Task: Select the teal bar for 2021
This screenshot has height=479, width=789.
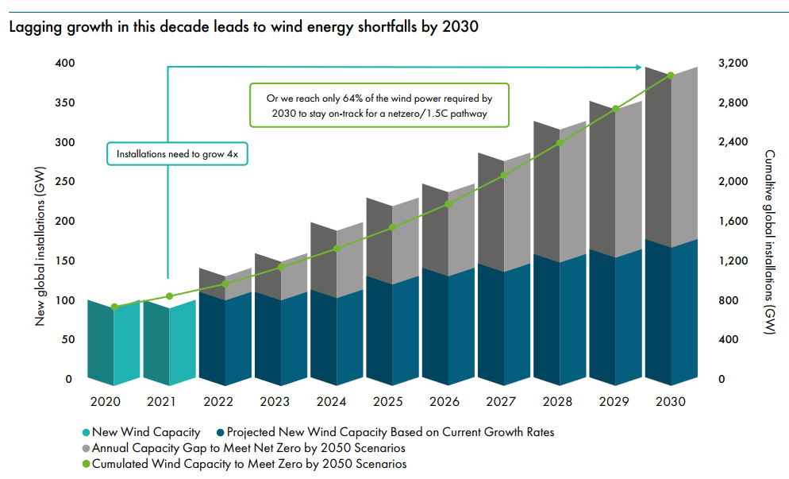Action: click(169, 342)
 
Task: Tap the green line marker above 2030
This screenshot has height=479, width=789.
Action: click(670, 75)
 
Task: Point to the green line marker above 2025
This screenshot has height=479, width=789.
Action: click(392, 227)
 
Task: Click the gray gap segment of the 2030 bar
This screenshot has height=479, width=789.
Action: click(670, 159)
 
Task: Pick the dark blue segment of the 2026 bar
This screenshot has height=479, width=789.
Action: click(448, 326)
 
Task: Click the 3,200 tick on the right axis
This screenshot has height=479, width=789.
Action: click(733, 64)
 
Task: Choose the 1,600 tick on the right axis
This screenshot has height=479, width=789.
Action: click(733, 222)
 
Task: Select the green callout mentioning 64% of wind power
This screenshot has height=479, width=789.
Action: click(379, 106)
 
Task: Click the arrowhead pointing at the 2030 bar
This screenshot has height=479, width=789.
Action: click(642, 67)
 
